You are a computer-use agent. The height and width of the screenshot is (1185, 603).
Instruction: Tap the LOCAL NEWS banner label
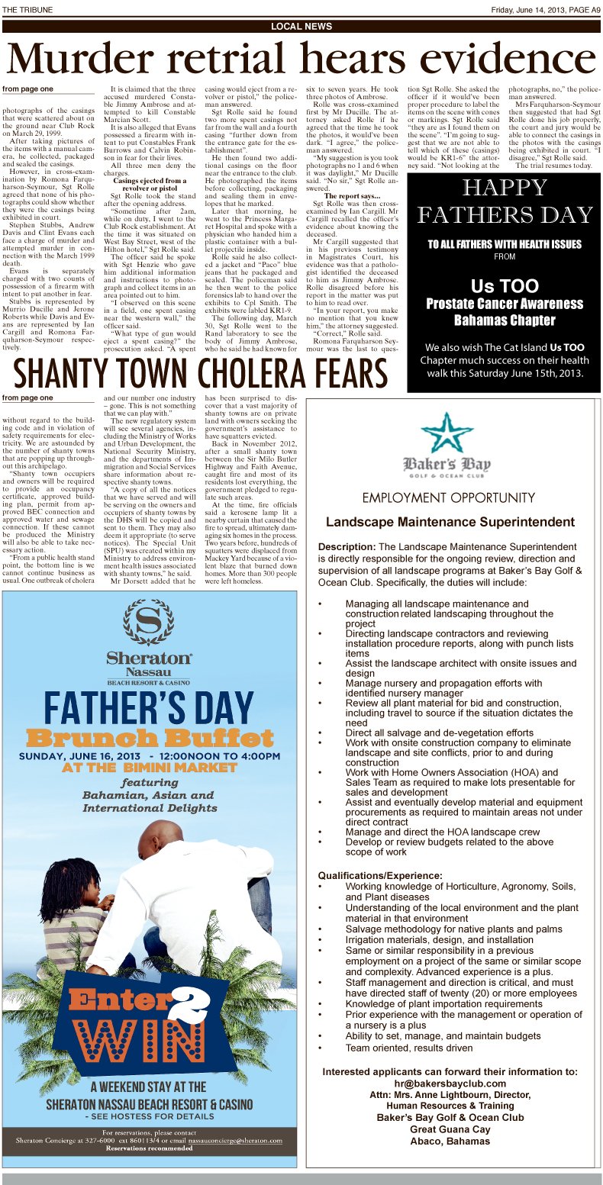tap(301, 27)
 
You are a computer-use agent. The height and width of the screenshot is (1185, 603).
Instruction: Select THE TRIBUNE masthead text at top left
tap(25, 8)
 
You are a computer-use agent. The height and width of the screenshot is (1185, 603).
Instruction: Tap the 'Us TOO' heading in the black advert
tap(504, 287)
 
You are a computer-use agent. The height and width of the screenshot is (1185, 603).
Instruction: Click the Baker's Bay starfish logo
tap(447, 432)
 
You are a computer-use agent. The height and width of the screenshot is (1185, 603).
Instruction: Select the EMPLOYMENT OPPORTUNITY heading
tap(449, 498)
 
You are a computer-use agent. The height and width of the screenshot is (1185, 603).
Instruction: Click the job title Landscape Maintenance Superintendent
tap(450, 523)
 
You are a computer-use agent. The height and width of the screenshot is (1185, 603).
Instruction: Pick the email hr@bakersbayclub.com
tap(450, 1084)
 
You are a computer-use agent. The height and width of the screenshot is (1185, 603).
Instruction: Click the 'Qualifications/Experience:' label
tap(380, 875)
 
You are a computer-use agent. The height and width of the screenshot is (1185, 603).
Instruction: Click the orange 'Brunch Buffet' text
tap(150, 738)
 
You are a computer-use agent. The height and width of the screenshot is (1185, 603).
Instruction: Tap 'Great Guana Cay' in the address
tap(450, 1130)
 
